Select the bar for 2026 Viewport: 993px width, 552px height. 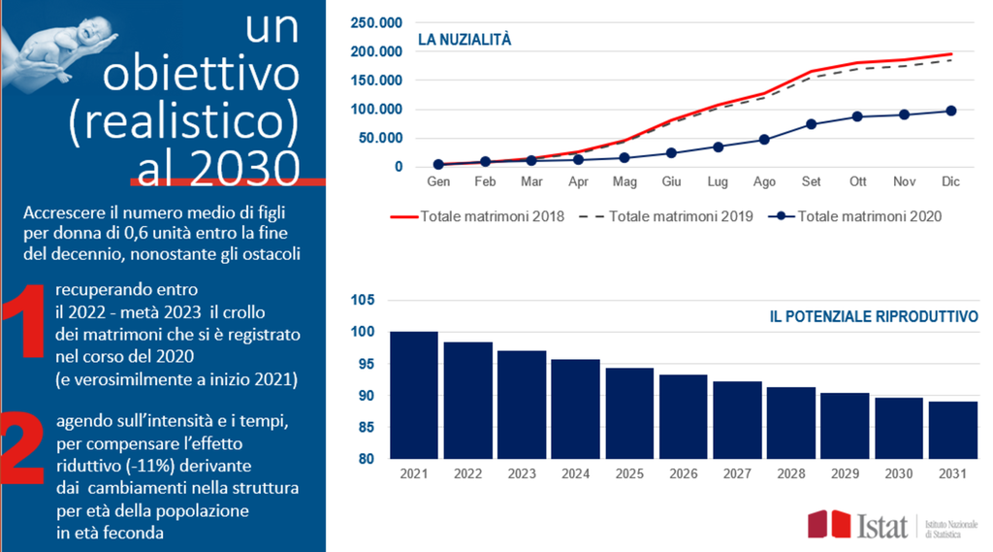point(684,416)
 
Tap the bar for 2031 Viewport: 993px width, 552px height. point(953,430)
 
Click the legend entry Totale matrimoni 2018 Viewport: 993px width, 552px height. point(477,216)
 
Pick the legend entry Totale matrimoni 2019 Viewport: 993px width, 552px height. point(669,216)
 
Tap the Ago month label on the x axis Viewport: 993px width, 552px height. point(764,181)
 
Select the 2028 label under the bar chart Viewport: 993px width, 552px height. point(791,472)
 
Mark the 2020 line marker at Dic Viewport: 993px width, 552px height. point(951,111)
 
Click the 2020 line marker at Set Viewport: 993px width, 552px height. point(812,124)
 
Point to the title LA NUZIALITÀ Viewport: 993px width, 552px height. point(464,40)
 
